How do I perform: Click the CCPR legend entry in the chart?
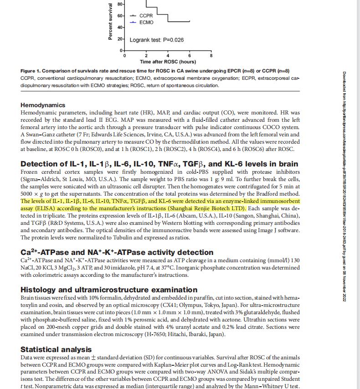pyautogui.click(x=146, y=16)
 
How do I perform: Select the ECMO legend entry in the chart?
pyautogui.click(x=146, y=22)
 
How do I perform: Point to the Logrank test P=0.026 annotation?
pyautogui.click(x=157, y=40)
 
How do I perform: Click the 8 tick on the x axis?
pyautogui.click(x=211, y=56)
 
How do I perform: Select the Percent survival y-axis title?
pyautogui.click(x=110, y=22)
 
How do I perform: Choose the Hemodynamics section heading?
pyautogui.click(x=43, y=105)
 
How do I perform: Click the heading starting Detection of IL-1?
pyautogui.click(x=159, y=164)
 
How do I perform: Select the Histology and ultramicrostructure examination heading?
pyautogui.click(x=109, y=290)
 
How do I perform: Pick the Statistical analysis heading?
pyautogui.click(x=56, y=349)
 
